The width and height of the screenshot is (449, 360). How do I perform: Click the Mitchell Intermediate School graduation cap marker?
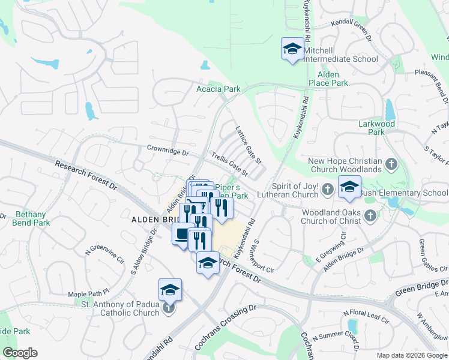click(292, 49)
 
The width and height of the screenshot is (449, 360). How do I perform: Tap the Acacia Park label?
click(218, 89)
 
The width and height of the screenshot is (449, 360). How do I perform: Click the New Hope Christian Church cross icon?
click(391, 164)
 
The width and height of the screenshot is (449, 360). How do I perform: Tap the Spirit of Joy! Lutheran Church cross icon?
click(328, 190)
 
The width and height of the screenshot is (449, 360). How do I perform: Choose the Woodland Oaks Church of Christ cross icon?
click(370, 215)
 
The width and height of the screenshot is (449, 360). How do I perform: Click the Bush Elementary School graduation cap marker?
click(349, 187)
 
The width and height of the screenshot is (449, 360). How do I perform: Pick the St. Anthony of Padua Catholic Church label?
click(121, 308)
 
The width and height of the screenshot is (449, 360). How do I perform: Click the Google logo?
click(20, 353)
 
